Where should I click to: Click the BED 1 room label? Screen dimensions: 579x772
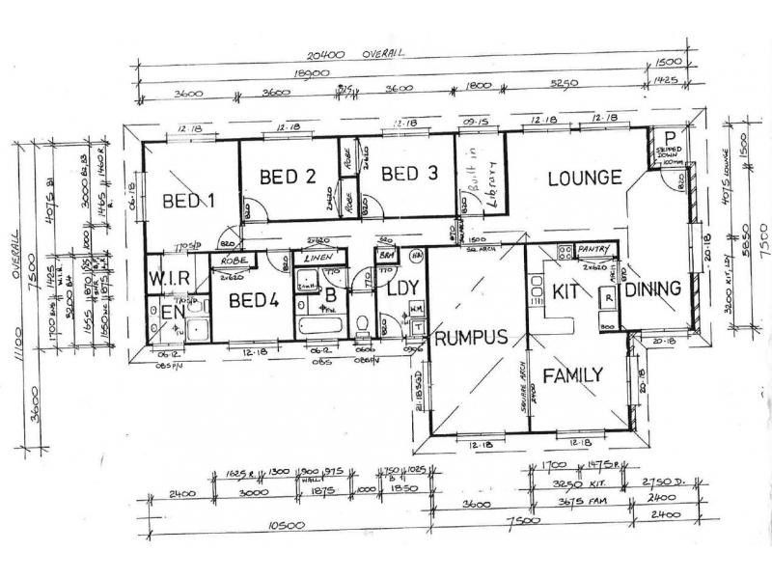coord(188,201)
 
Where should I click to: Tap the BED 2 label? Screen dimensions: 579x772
coord(289,176)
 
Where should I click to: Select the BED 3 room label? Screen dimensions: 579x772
coord(409,175)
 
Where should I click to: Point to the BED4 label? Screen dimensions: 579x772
coord(253,300)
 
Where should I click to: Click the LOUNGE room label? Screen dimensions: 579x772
coord(584,179)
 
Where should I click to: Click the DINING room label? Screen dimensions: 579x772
coord(652,289)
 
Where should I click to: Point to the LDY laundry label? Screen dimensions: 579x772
coord(400,289)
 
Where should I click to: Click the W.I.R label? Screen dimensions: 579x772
coord(166,280)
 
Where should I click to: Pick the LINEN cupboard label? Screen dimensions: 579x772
coord(318,258)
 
